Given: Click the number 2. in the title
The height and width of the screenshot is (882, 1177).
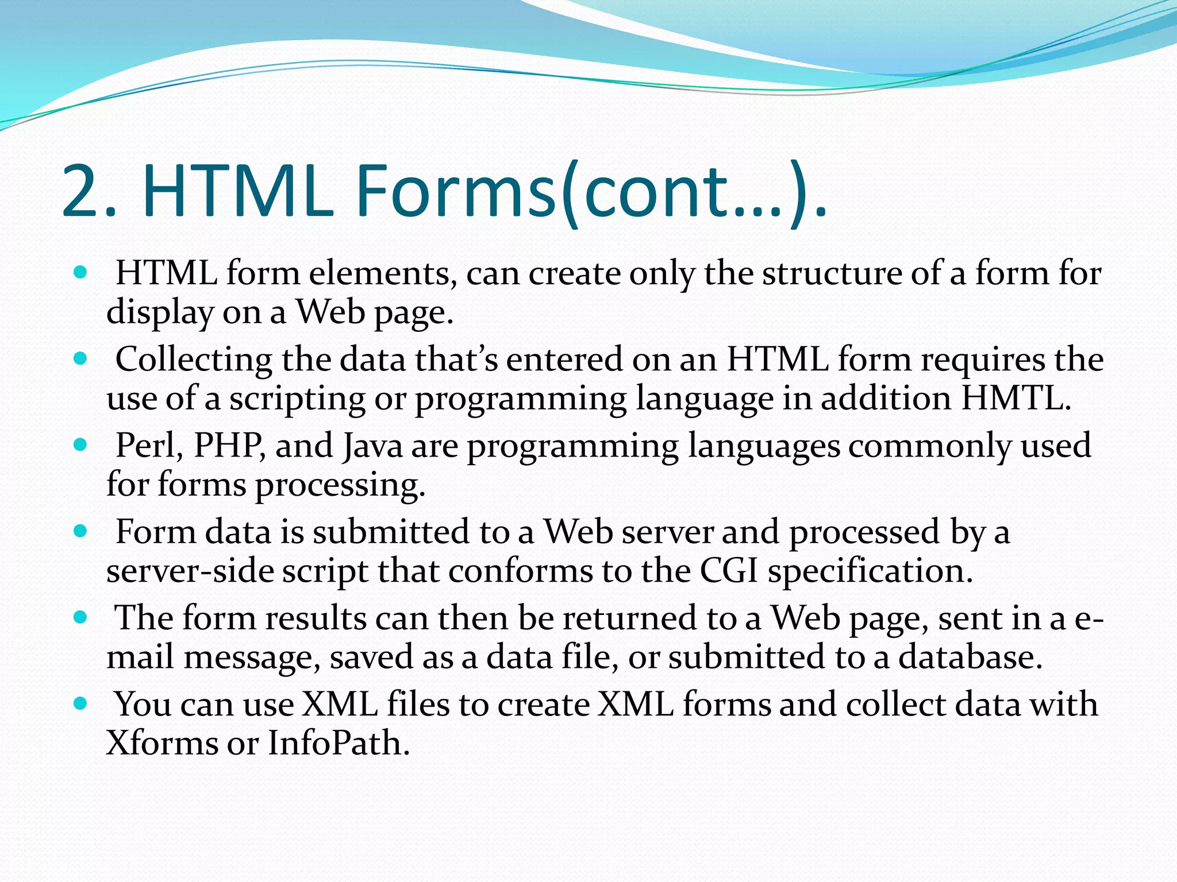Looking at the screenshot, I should pyautogui.click(x=89, y=191).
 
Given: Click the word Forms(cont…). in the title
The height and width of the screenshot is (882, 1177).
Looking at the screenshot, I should pyautogui.click(x=592, y=191).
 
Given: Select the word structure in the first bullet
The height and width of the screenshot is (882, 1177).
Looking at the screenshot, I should pyautogui.click(x=832, y=273).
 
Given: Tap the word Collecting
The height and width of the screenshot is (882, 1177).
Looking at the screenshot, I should pyautogui.click(x=194, y=361).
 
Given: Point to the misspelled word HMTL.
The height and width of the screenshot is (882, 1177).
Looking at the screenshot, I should pyautogui.click(x=1016, y=398).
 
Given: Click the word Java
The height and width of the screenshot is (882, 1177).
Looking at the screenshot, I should pyautogui.click(x=372, y=446).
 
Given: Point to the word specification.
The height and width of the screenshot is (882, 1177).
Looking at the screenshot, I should pyautogui.click(x=870, y=572).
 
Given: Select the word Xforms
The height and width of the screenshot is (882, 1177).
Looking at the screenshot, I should pyautogui.click(x=161, y=743).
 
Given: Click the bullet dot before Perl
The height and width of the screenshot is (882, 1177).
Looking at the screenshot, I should pyautogui.click(x=80, y=444).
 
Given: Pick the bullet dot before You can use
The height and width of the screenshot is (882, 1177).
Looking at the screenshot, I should pyautogui.click(x=80, y=703).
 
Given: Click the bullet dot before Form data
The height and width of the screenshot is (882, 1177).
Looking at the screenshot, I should pyautogui.click(x=80, y=531).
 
